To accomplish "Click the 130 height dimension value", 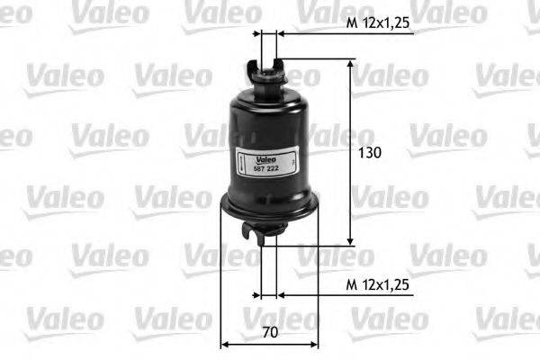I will point(369,153).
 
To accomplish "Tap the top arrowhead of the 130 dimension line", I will point(350,64).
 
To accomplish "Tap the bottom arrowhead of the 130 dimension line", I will point(350,240).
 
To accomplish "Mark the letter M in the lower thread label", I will point(352,284).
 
